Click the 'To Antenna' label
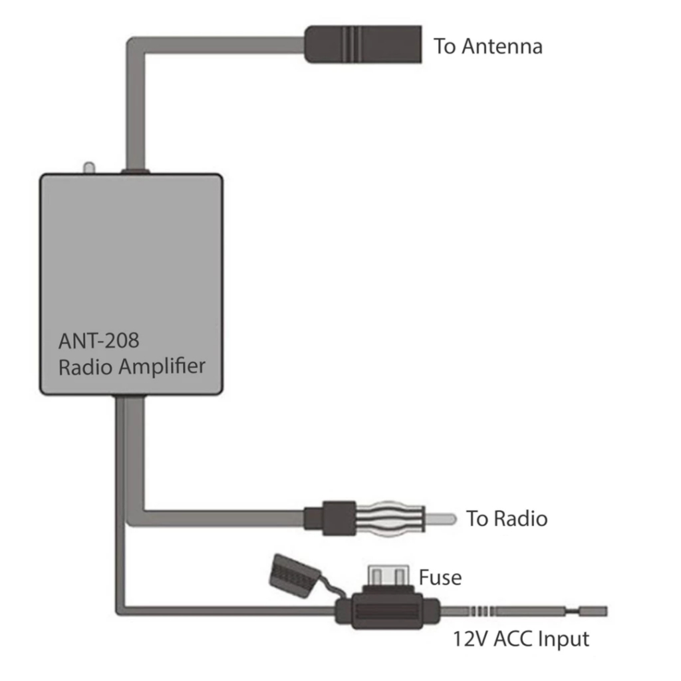(487, 47)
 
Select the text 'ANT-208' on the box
(99, 340)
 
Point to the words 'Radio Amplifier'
(132, 366)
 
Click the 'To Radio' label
(507, 519)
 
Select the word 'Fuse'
(440, 577)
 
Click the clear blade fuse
(387, 575)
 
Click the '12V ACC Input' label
(521, 640)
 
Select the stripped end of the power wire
(593, 611)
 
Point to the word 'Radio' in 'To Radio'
(520, 519)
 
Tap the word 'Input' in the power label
(563, 640)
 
